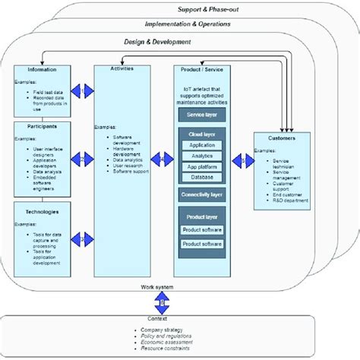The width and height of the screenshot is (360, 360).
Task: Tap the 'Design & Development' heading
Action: (x=156, y=43)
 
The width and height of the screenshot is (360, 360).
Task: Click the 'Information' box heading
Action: (x=43, y=70)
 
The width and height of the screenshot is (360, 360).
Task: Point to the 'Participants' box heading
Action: (x=43, y=125)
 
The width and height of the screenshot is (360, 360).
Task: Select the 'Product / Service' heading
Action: (x=201, y=70)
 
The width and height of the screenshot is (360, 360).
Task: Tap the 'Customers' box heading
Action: (x=281, y=138)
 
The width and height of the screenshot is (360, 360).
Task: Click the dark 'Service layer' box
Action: (x=201, y=115)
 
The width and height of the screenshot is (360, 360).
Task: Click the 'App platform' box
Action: (x=201, y=166)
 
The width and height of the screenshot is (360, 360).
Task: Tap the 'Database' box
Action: (x=201, y=177)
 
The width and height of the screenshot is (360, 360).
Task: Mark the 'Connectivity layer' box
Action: (x=201, y=194)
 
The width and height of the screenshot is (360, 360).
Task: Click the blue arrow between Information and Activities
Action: (x=81, y=90)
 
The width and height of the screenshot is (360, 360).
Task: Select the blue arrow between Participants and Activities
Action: (x=81, y=159)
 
